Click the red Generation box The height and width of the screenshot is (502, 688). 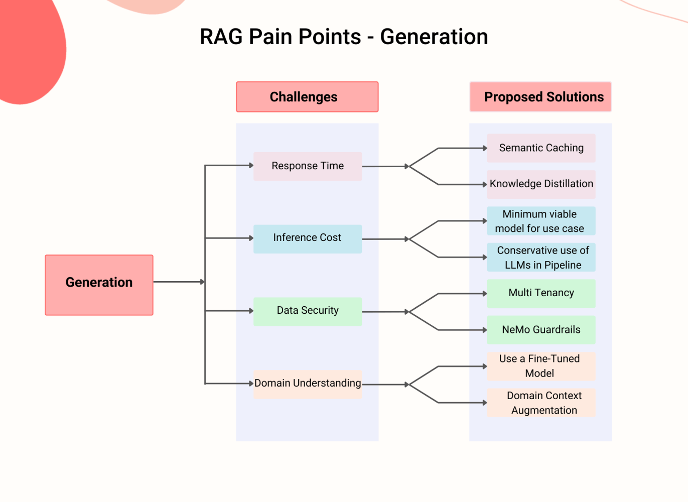click(x=99, y=285)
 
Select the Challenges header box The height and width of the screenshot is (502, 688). click(x=307, y=97)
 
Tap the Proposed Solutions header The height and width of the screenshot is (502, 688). click(x=540, y=97)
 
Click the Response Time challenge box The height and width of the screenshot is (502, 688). click(x=308, y=166)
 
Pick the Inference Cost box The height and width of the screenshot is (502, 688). click(x=308, y=238)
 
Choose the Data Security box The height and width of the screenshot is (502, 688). click(x=308, y=311)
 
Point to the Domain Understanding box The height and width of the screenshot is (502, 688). click(x=308, y=384)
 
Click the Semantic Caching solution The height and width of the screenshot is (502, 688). click(x=541, y=148)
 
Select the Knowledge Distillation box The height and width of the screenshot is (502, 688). click(x=541, y=184)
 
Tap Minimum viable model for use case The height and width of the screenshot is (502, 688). click(x=541, y=221)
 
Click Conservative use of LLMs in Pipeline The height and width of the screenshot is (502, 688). click(x=541, y=258)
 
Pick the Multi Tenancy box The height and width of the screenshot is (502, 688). click(x=541, y=293)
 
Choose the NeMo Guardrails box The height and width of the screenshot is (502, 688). click(x=541, y=330)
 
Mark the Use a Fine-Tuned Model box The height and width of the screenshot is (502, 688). click(x=541, y=366)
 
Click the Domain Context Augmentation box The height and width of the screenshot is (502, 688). click(x=541, y=403)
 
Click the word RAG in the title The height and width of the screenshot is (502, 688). click(x=221, y=37)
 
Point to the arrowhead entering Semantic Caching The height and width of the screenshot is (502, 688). click(x=485, y=148)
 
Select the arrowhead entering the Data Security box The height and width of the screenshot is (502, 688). click(x=251, y=311)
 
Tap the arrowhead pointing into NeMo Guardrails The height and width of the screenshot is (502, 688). click(x=485, y=330)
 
